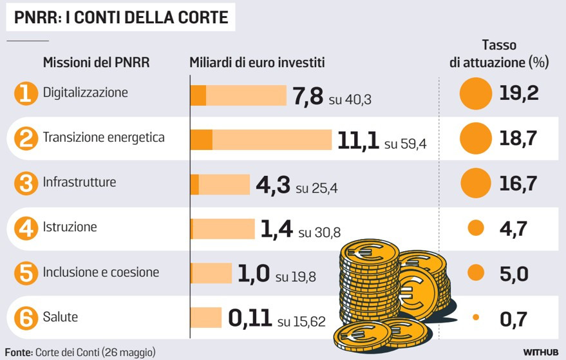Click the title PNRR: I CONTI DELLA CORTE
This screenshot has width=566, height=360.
pyautogui.click(x=121, y=17)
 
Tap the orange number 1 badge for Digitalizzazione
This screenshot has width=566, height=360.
pyautogui.click(x=25, y=94)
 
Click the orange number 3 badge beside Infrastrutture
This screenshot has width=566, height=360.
pyautogui.click(x=25, y=184)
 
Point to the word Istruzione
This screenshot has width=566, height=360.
pyautogui.click(x=70, y=227)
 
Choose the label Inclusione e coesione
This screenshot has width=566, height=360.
pyautogui.click(x=100, y=272)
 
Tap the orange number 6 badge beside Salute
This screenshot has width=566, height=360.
pyautogui.click(x=25, y=318)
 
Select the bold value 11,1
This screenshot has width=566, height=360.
pyautogui.click(x=358, y=140)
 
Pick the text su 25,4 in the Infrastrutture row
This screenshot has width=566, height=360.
pyautogui.click(x=316, y=189)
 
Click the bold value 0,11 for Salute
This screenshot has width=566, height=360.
pyautogui.click(x=249, y=319)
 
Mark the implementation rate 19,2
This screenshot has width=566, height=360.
pyautogui.click(x=518, y=94)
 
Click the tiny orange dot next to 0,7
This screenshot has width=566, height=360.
pyautogui.click(x=476, y=317)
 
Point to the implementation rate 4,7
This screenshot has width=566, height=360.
pyautogui.click(x=513, y=229)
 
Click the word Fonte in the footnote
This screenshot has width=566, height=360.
pyautogui.click(x=18, y=352)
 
